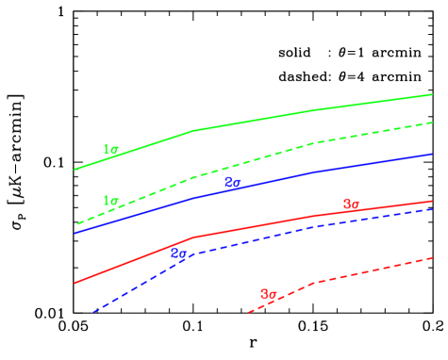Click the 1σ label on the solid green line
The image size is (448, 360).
coord(110,150)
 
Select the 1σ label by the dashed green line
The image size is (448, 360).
coord(110,201)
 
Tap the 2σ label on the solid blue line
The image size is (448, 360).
coord(232,183)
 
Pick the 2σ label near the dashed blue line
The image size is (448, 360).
coord(178,253)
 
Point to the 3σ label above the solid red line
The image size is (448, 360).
coord(351,205)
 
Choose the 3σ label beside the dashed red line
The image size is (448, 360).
coord(268,294)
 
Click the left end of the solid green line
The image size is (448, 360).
coord(75,170)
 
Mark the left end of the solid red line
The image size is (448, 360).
coord(75,282)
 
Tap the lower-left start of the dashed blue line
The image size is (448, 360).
coord(92,311)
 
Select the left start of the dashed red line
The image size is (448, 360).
coord(248,312)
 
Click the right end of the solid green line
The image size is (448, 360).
coord(432,94)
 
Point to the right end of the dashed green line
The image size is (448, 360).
coord(432,123)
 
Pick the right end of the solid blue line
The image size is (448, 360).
coord(432,154)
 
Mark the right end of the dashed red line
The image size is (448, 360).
coord(432,257)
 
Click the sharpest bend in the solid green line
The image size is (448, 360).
coord(193,131)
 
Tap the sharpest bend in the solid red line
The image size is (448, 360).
coord(193,237)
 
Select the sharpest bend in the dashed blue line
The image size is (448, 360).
coord(191,254)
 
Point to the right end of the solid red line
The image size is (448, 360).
coord(432,201)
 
